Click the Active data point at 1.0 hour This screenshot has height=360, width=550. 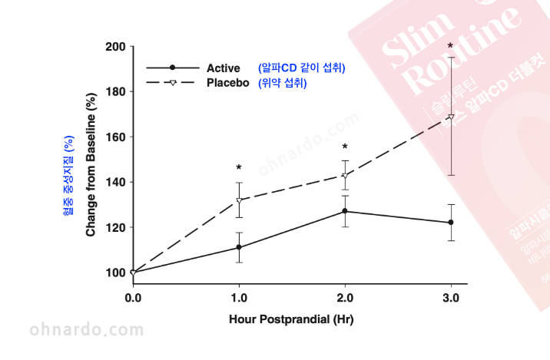[x=239, y=247]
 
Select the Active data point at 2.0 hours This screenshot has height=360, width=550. [x=345, y=211]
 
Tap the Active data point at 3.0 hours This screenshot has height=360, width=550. [x=450, y=223]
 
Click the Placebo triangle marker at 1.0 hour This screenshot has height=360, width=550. [x=239, y=201]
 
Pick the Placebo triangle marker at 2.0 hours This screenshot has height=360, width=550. [x=345, y=176]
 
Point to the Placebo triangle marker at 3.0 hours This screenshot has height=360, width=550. [x=450, y=117]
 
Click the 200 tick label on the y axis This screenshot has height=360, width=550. [x=114, y=47]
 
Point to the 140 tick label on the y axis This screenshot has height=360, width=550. [x=114, y=182]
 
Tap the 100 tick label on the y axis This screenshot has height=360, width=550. [x=114, y=272]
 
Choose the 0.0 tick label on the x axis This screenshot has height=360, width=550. [x=133, y=297]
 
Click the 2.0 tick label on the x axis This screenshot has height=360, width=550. [x=345, y=297]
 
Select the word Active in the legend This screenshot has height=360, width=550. [x=224, y=68]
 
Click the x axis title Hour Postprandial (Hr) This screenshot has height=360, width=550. [x=291, y=318]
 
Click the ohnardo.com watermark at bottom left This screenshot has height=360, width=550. [x=86, y=331]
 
